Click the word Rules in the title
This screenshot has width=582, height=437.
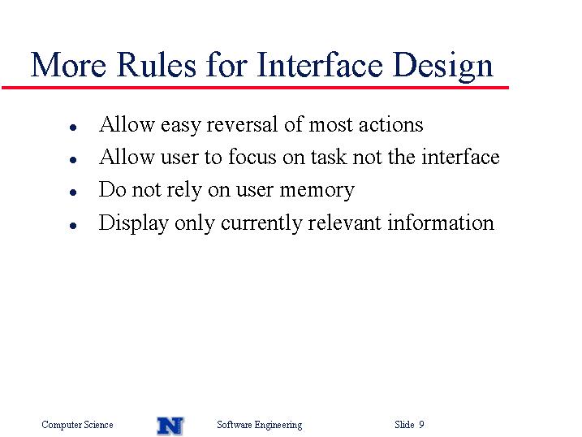coord(157,65)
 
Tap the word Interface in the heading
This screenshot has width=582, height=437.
coord(320,64)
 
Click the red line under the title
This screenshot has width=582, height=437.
coord(255,88)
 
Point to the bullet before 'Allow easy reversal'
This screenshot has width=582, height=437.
coord(73,128)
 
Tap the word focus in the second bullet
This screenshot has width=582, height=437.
coord(252,156)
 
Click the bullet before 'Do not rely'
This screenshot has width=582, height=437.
coord(73,193)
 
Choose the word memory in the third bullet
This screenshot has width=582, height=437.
coord(317,191)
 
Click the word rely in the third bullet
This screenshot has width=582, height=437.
coord(184,190)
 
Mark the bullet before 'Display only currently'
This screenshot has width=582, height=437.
coord(73,225)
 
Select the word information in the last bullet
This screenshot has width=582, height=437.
coord(441,223)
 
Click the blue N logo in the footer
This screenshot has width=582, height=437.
coord(170,426)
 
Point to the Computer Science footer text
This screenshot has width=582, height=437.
coord(77,425)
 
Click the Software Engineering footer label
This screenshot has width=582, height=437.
coord(260,425)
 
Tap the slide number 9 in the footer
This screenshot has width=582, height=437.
coord(421,424)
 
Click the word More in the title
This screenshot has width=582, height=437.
coord(68,65)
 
